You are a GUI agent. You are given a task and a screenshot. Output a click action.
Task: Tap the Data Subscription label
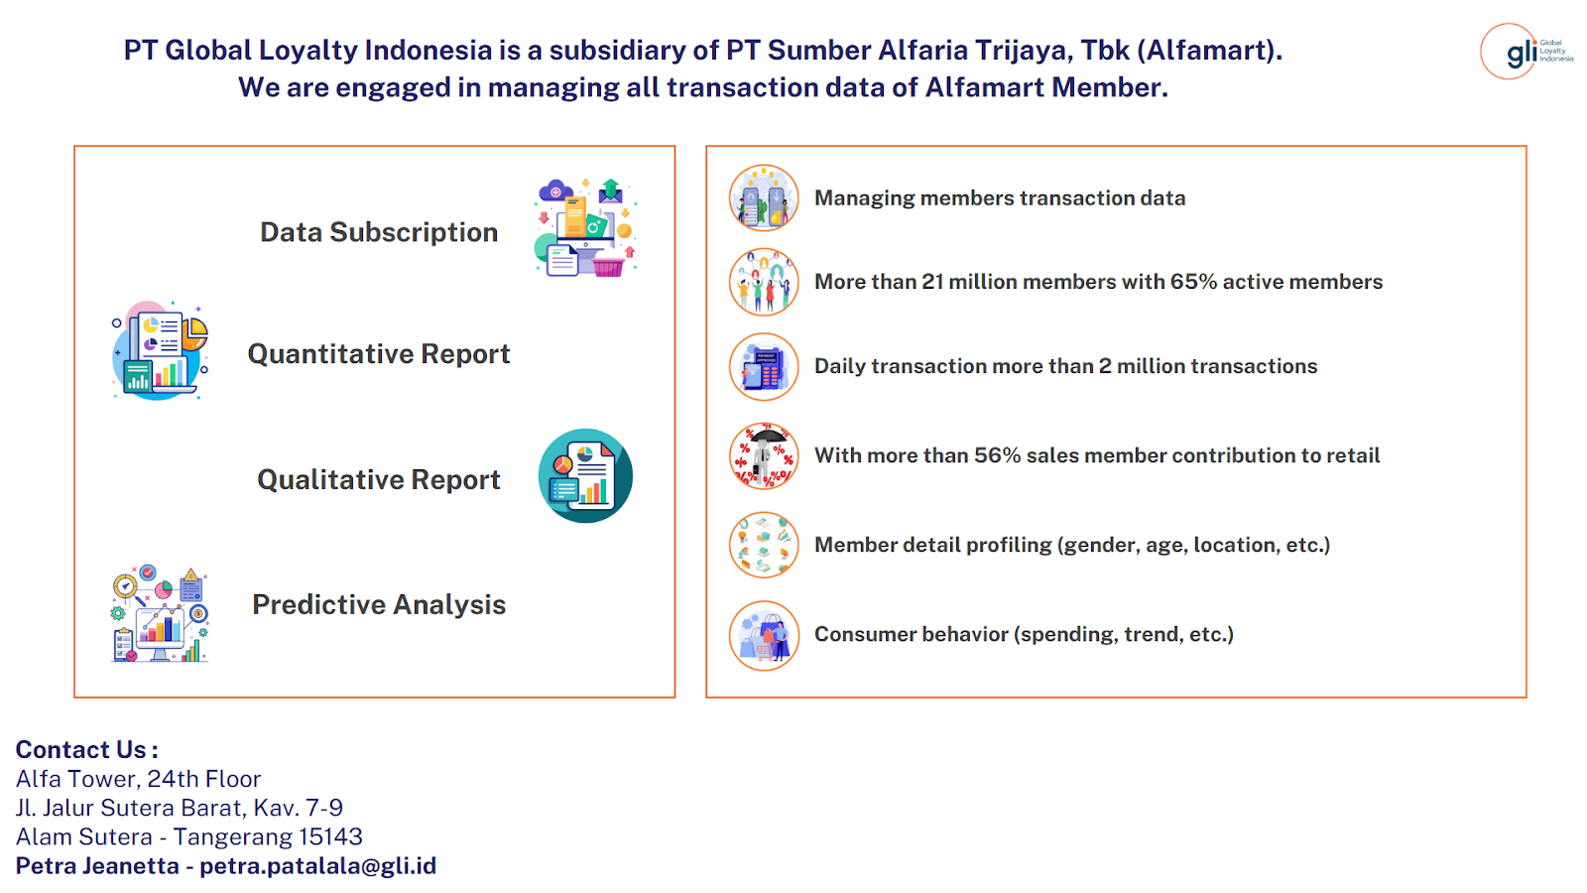379,232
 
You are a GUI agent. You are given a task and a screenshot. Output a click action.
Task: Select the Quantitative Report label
379,354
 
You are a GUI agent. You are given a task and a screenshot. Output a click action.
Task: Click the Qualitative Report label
379,480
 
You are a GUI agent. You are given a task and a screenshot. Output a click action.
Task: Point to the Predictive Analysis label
379,604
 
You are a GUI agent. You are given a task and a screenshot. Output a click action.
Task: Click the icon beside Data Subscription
586,227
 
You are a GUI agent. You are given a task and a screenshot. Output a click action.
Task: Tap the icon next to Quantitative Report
160,351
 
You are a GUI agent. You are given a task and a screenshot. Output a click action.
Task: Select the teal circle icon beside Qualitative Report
585,475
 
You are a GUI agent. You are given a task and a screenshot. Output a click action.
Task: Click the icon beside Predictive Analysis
160,614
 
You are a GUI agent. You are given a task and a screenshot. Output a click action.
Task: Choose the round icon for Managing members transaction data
764,198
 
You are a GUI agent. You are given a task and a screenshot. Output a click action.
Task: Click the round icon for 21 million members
764,282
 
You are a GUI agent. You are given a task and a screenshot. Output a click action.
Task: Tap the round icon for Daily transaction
764,367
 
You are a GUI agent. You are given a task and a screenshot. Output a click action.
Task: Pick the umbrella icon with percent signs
764,455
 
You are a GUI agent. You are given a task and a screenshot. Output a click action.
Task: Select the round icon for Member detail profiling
764,545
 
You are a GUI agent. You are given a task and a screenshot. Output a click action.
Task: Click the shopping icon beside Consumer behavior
764,636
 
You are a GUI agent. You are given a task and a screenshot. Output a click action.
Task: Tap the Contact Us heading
86,749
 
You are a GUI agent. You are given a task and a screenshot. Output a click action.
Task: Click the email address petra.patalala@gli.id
318,866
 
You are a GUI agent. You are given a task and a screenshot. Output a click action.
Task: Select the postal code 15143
330,837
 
